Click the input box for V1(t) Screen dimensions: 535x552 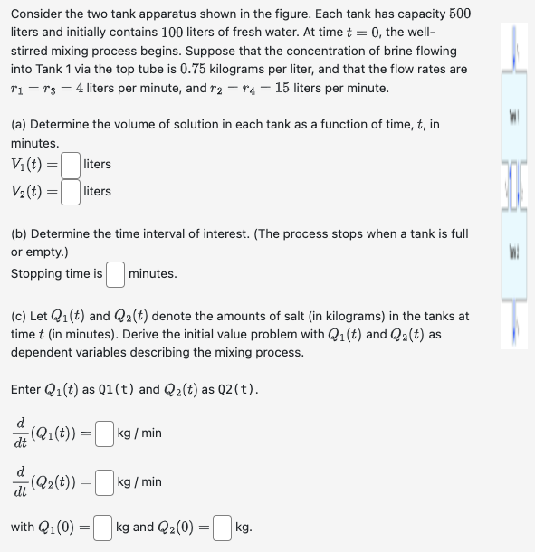(72, 165)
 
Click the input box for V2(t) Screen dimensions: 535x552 (72, 191)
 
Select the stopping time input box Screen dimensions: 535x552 (115, 273)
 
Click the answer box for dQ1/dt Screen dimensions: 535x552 (105, 433)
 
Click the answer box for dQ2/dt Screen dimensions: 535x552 (105, 481)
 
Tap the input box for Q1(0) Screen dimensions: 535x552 (103, 527)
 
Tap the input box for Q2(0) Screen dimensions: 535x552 (223, 527)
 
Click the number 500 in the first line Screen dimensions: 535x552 (459, 14)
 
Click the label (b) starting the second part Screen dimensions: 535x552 (19, 233)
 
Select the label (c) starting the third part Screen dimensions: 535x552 (19, 316)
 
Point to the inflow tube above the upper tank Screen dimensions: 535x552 (512, 45)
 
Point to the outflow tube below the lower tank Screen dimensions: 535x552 (512, 321)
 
